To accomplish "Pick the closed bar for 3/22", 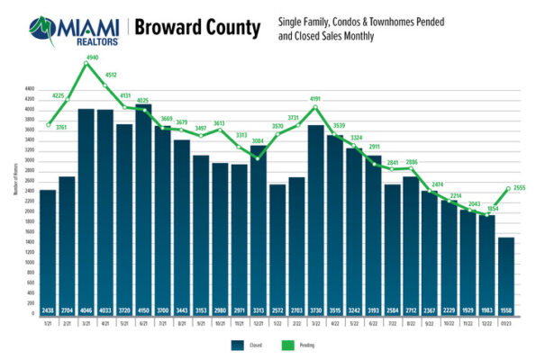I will click(316, 216).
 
